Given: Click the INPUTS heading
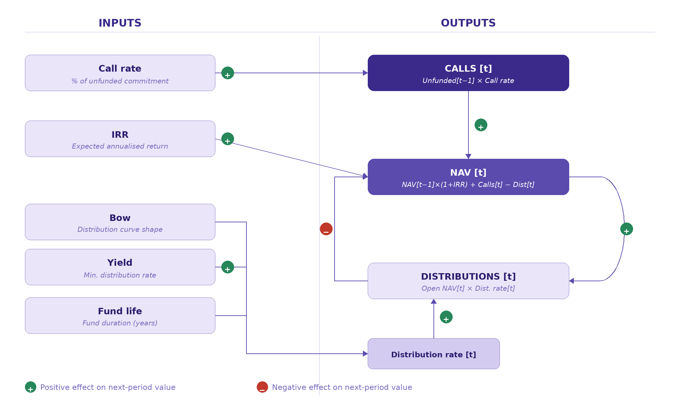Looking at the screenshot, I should click(120, 23).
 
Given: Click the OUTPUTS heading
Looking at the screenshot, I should click(468, 23).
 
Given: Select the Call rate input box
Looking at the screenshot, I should click(120, 73).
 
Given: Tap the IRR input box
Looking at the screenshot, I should click(120, 139).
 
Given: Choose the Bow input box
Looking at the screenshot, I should click(120, 222).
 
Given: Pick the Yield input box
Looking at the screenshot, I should click(120, 267).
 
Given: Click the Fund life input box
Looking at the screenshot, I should click(120, 315).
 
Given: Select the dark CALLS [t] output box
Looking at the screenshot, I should click(468, 73).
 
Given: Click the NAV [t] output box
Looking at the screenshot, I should click(468, 177).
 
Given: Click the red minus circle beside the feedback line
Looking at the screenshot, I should click(326, 229).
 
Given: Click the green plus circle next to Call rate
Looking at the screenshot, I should click(227, 73).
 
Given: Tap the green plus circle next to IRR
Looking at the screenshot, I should click(227, 139).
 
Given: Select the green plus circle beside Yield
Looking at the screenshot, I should click(227, 267).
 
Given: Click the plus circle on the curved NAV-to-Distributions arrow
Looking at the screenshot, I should click(627, 229).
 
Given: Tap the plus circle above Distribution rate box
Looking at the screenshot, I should click(446, 317).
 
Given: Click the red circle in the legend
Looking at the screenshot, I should click(262, 387).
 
